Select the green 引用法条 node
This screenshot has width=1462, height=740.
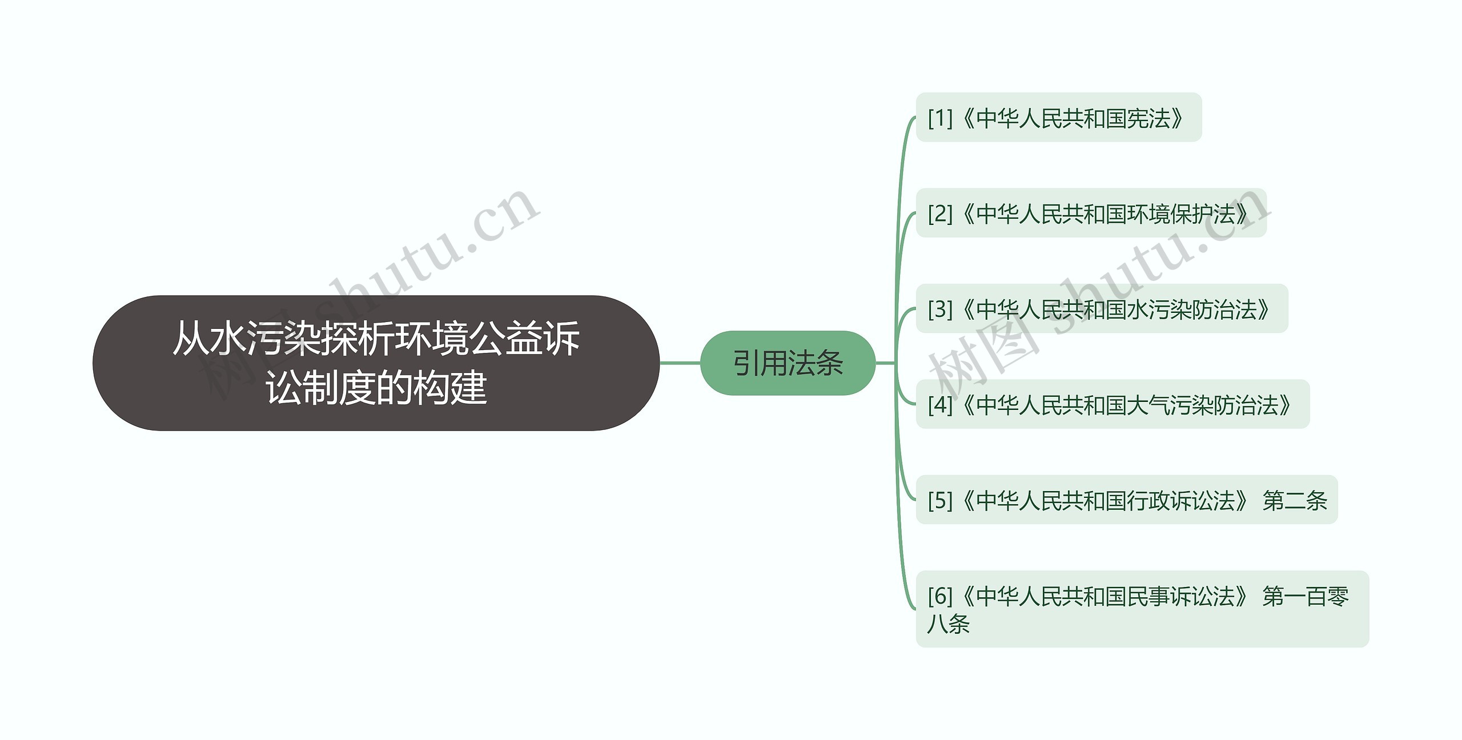coord(788,363)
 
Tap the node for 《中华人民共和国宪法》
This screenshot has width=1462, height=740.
coord(1058,118)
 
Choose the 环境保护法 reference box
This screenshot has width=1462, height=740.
coord(1091,213)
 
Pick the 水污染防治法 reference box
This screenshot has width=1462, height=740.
coord(1102,309)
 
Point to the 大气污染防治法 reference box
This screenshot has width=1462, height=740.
coord(1112,404)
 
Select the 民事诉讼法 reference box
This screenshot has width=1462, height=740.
coord(1142,609)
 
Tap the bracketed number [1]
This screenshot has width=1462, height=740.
coord(940,118)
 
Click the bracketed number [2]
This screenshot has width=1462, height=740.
coord(940,214)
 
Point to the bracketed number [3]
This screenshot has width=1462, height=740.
coord(940,309)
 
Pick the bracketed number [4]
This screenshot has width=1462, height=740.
coord(940,405)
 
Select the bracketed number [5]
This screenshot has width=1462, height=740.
coord(940,501)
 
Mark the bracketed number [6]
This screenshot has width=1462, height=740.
coord(940,596)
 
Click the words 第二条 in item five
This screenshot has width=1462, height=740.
coord(1295,501)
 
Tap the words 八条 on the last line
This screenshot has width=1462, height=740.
coord(949,624)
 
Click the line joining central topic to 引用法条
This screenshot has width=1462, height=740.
coord(680,363)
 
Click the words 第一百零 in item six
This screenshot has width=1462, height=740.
coord(1306,596)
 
